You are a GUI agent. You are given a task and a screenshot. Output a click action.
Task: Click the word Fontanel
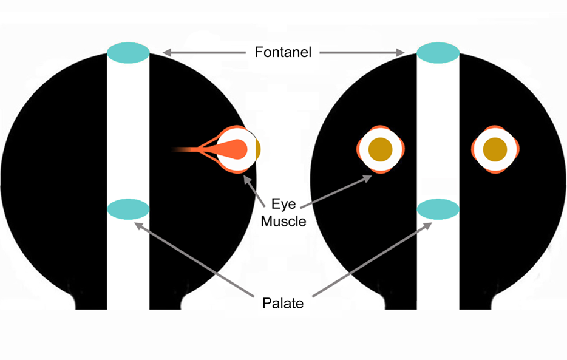pos(282,53)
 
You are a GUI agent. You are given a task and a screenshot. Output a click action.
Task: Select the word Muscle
pos(283,221)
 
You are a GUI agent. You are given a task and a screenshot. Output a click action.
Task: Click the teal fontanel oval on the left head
pos(128,52)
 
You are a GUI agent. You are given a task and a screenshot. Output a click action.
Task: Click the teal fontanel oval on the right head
pos(437,52)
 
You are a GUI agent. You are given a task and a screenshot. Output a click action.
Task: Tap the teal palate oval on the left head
pos(128,209)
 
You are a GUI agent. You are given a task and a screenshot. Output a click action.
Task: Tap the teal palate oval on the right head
pos(437,209)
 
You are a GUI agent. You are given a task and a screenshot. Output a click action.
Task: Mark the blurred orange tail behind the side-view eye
pos(182,149)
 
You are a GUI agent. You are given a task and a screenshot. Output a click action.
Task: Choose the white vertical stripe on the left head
pos(128,134)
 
